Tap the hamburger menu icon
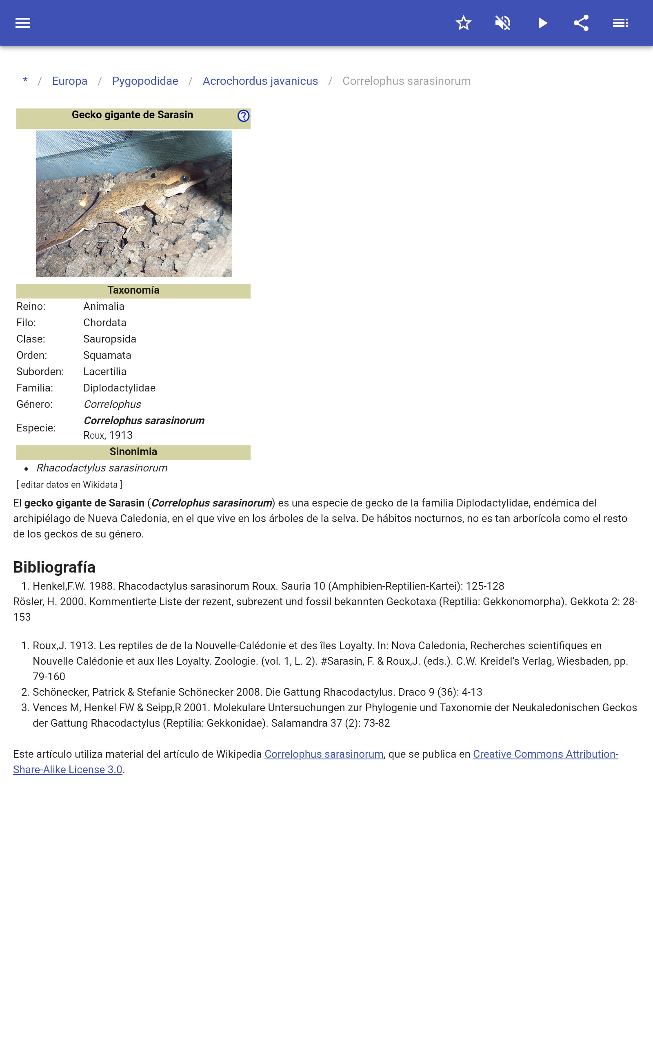coord(23,23)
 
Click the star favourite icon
coord(463,23)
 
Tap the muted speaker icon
coord(503,23)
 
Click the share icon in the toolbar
coord(581,23)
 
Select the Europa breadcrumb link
coord(69,81)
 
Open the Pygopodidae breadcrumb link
coord(145,81)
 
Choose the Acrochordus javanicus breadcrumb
coord(260,81)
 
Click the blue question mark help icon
coord(244,116)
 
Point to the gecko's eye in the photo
coord(185,177)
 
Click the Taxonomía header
coord(133,290)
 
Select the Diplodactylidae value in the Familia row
coord(119,388)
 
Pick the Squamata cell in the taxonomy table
coord(107,356)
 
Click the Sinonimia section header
coord(133,452)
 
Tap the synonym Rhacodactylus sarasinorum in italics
coord(102,468)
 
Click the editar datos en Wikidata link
coord(69,485)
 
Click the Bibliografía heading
coord(54,567)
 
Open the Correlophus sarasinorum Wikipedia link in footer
coord(324,754)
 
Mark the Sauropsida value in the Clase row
coord(110,339)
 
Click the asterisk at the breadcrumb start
coord(25,81)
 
